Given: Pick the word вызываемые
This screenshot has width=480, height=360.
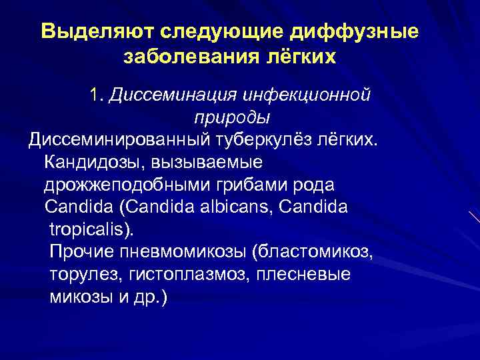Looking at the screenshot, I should (207, 162).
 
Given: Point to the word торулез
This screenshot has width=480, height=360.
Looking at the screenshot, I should (80, 275).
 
